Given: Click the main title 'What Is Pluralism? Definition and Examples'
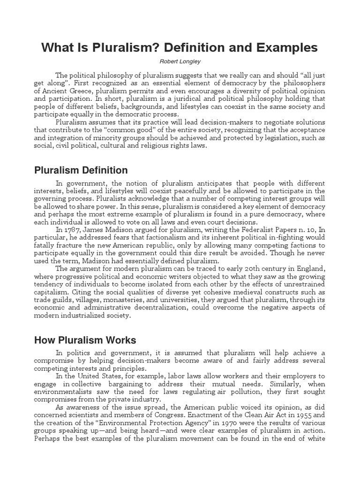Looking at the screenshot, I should click(180, 48).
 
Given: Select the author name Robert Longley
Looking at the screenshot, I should click(180, 61).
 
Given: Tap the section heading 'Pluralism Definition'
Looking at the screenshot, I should click(81, 170).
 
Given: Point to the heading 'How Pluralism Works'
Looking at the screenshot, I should click(85, 340).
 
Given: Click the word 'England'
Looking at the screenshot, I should click(311, 269).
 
